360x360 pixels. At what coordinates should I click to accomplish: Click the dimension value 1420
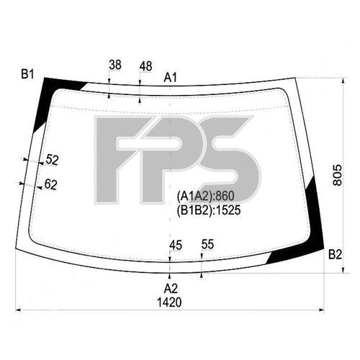click(x=171, y=302)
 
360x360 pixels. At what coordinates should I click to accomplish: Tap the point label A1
click(x=171, y=76)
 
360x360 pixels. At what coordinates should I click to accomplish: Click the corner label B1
click(x=28, y=73)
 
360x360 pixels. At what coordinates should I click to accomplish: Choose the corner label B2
click(x=334, y=254)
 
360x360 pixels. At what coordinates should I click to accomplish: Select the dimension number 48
click(x=145, y=66)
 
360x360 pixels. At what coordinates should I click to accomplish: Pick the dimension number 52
click(x=52, y=160)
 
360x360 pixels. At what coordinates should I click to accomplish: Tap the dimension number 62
click(x=50, y=184)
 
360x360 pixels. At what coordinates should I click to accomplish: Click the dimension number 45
click(x=175, y=246)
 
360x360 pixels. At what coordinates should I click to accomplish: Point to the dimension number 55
click(x=207, y=246)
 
